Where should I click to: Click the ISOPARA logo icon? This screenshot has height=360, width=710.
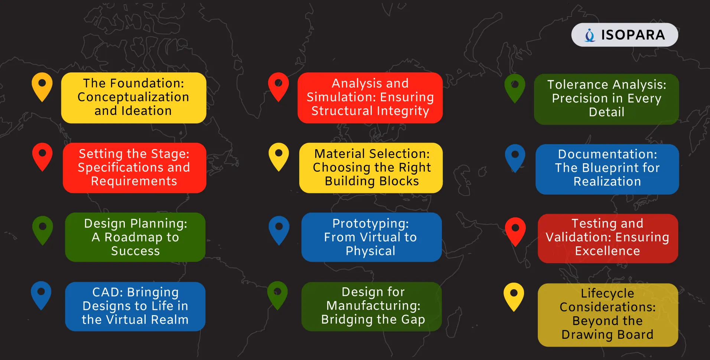(x=590, y=35)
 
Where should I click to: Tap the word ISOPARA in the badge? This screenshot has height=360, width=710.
(x=633, y=35)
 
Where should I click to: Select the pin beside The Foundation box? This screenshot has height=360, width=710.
(x=42, y=87)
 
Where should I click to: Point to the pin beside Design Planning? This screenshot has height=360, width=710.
(x=42, y=230)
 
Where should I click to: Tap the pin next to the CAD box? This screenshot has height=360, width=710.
(x=41, y=296)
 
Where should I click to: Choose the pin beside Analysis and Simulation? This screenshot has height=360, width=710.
(x=279, y=87)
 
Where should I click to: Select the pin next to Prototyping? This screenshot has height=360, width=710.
(x=279, y=230)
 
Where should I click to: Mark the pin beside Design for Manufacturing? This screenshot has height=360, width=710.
(x=278, y=296)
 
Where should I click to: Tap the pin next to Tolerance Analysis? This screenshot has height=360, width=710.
(x=515, y=89)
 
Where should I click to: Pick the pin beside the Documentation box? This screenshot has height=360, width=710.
(x=515, y=158)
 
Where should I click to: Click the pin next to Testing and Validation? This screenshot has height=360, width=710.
(x=515, y=232)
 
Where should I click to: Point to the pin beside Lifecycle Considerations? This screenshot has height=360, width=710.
(x=514, y=297)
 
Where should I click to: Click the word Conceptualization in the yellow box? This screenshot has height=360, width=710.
(x=133, y=97)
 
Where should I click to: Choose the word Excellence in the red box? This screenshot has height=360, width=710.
(x=608, y=251)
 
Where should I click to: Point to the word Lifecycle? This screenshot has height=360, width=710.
(x=608, y=294)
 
